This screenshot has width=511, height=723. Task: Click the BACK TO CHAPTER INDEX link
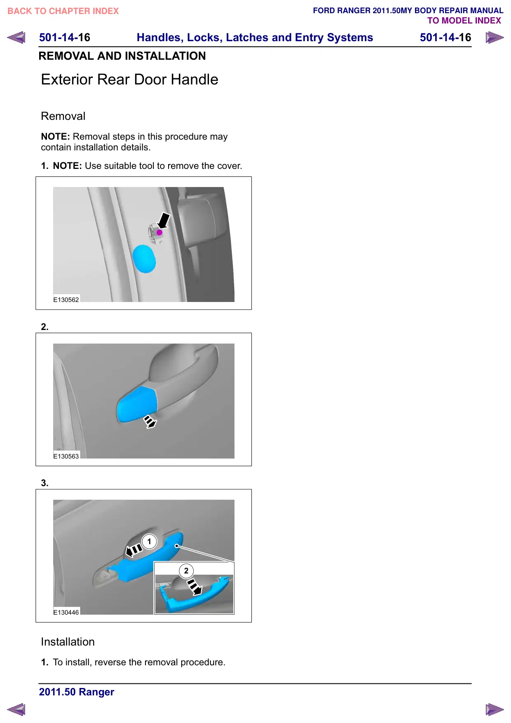[63, 11]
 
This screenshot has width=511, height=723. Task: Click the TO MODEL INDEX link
[464, 21]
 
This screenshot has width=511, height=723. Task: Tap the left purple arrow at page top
[16, 37]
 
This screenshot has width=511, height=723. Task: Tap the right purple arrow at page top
[495, 37]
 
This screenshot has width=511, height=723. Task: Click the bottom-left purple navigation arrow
[16, 709]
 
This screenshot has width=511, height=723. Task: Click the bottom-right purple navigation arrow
[495, 709]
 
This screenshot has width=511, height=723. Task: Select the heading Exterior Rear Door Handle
[130, 80]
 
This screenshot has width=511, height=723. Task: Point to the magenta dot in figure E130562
[159, 232]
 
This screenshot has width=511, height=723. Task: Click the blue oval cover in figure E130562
[144, 259]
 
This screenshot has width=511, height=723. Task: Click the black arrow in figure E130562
[164, 221]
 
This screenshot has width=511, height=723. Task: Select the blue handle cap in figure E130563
[136, 405]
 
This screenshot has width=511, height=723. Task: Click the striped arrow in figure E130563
[150, 422]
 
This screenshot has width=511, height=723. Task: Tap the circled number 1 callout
[149, 541]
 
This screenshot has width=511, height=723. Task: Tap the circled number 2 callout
[186, 571]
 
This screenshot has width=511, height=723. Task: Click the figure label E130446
[66, 612]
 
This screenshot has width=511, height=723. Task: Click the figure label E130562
[66, 300]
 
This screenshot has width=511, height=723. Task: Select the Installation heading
[68, 642]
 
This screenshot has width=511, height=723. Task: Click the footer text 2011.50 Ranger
[77, 692]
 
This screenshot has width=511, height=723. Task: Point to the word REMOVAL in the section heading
[66, 56]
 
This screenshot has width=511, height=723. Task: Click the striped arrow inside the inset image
[195, 587]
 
